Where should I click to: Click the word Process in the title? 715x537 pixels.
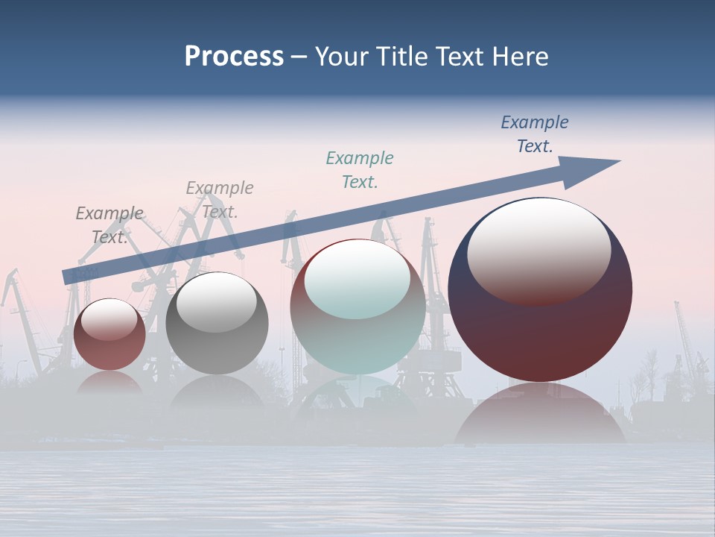coord(234,57)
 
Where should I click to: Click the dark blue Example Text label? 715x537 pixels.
coord(535,134)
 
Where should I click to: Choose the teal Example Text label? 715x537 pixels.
coord(360,169)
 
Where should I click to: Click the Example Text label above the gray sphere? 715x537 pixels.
coord(220,199)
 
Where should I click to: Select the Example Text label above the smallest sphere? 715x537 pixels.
coord(109,224)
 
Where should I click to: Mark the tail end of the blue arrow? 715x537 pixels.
coord(69,276)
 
